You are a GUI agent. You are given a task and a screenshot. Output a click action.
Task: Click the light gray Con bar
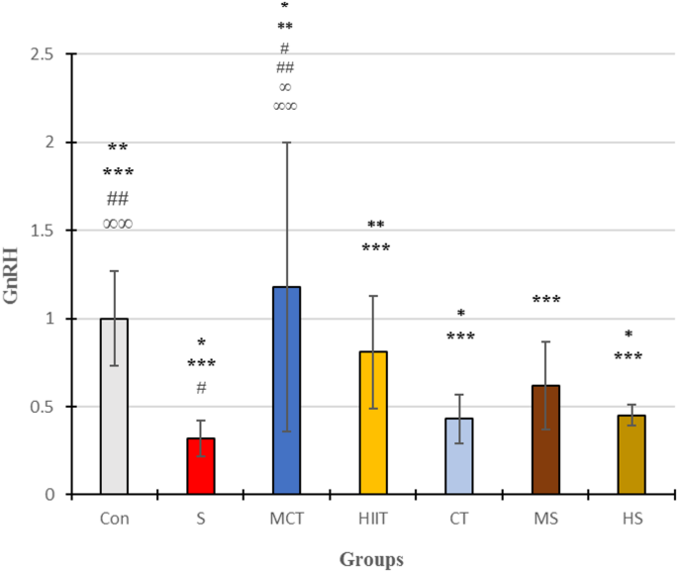[114, 407]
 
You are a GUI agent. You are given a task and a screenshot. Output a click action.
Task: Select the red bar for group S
[200, 466]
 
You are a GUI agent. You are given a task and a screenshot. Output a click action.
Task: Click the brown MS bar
[545, 440]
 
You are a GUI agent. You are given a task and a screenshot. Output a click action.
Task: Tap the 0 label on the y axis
[48, 495]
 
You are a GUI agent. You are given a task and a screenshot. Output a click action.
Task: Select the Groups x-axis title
[372, 560]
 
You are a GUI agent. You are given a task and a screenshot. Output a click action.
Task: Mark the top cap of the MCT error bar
[286, 143]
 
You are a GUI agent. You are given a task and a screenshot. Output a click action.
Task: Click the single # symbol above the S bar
[200, 387]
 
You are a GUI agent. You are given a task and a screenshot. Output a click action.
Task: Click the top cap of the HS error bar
[631, 404]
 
